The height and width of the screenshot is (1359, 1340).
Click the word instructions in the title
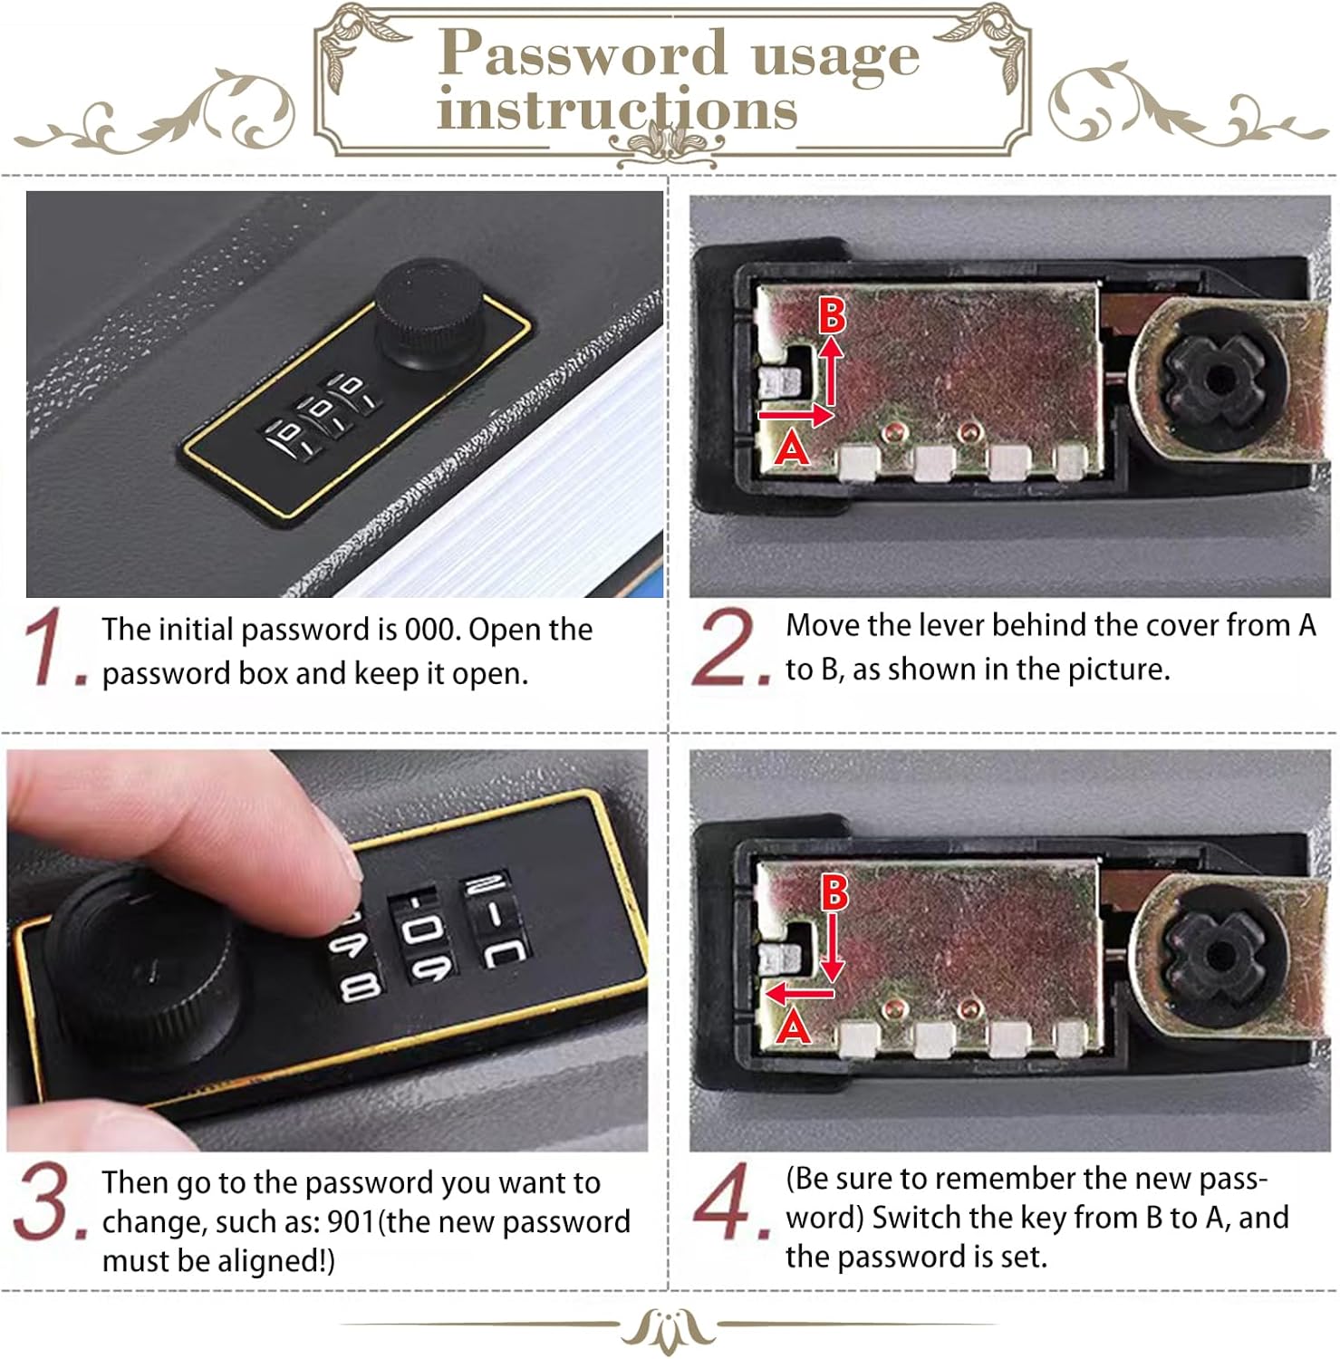617,111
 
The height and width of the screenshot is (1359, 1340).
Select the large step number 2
728,646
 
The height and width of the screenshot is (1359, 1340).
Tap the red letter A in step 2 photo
791,447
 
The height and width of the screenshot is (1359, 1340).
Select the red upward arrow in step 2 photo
830,374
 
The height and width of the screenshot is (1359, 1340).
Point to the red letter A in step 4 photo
794,1026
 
